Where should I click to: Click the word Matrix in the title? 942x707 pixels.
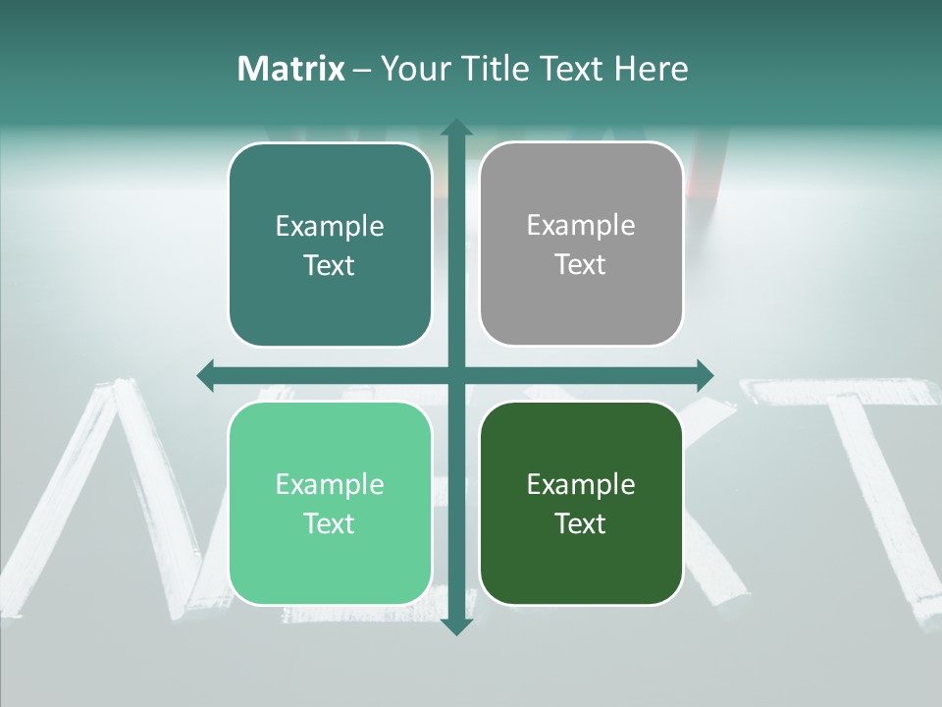pyautogui.click(x=291, y=69)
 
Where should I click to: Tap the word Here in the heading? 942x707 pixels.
pyautogui.click(x=651, y=69)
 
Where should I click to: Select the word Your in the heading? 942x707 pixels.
pyautogui.click(x=413, y=69)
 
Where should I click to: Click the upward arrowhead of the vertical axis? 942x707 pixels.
pyautogui.click(x=455, y=129)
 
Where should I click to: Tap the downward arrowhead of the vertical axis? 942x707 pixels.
pyautogui.click(x=455, y=625)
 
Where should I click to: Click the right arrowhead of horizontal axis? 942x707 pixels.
pyautogui.click(x=704, y=375)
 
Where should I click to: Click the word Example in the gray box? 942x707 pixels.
pyautogui.click(x=581, y=225)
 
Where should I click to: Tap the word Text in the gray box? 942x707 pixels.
pyautogui.click(x=581, y=264)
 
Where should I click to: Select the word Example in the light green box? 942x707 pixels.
pyautogui.click(x=330, y=484)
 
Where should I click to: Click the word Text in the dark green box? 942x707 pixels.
pyautogui.click(x=581, y=523)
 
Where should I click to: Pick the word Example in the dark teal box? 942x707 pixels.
pyautogui.click(x=330, y=226)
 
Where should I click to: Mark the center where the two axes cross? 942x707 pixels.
pyautogui.click(x=455, y=375)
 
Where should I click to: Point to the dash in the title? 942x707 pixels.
pyautogui.click(x=362, y=70)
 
